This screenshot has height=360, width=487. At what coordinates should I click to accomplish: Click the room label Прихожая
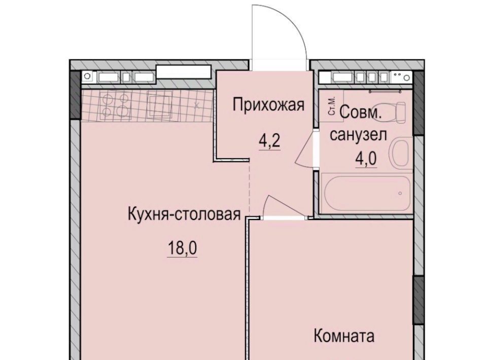click(x=269, y=105)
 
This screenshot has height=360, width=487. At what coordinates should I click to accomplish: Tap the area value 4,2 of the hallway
click(x=269, y=141)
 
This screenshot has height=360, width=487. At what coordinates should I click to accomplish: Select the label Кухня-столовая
click(x=184, y=214)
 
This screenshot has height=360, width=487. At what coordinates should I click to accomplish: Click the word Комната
click(x=344, y=336)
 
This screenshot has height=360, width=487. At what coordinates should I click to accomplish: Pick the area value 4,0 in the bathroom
click(x=366, y=159)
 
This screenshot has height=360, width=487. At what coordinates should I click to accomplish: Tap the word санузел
click(x=358, y=135)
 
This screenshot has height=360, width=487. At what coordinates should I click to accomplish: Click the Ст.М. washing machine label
click(x=332, y=106)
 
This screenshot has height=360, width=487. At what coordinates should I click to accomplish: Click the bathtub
click(x=367, y=193)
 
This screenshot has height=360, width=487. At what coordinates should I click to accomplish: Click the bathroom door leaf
click(x=304, y=148)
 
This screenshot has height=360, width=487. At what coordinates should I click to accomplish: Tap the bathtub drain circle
click(x=400, y=193)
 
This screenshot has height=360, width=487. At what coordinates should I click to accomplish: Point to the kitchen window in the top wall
click(x=184, y=71)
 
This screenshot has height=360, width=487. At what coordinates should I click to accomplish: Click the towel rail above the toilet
click(x=385, y=91)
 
